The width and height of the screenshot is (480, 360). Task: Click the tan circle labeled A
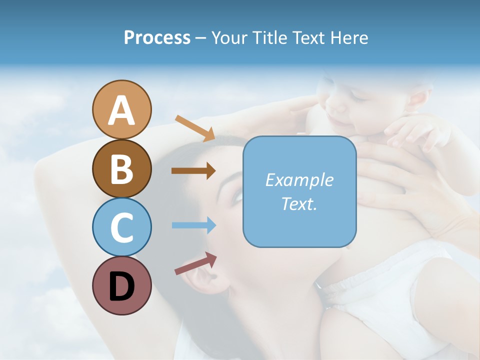[x=121, y=110]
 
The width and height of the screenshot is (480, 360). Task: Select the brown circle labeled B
[x=121, y=168]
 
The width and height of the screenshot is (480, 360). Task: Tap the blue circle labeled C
[x=121, y=227]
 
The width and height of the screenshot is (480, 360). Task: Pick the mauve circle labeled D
[x=121, y=285]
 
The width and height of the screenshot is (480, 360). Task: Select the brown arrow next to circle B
[x=193, y=171]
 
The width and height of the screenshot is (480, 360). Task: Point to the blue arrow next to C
[x=193, y=225]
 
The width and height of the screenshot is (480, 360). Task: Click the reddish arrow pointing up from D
[x=195, y=263]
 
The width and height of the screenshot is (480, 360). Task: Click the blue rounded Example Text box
[x=299, y=191]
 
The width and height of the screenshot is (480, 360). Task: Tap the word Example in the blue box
[x=299, y=180]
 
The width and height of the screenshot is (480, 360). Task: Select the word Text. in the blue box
[x=299, y=203]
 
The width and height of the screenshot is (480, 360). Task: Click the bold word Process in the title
[x=157, y=38]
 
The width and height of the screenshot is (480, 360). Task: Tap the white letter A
[x=121, y=111]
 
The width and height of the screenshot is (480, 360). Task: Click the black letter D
[x=121, y=286]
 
